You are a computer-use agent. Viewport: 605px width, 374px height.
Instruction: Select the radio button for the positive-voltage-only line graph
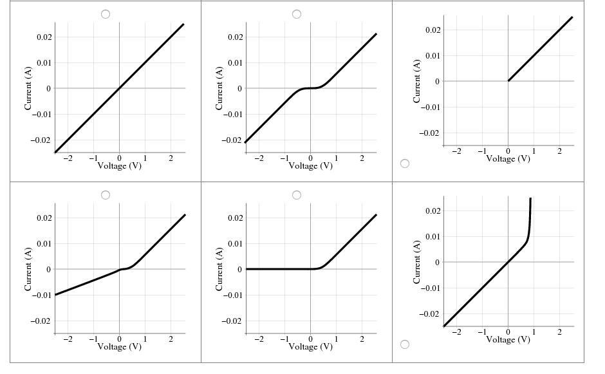(405, 164)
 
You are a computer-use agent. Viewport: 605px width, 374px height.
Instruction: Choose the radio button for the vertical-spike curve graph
(405, 344)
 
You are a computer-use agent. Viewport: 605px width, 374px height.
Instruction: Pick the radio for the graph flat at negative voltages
(297, 194)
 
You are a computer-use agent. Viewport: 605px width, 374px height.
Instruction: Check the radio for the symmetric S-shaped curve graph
(297, 14)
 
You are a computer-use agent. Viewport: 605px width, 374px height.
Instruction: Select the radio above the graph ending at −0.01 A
(106, 194)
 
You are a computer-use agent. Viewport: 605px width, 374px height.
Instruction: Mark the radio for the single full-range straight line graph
(106, 14)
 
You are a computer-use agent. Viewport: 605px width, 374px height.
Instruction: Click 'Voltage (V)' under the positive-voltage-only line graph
(508, 158)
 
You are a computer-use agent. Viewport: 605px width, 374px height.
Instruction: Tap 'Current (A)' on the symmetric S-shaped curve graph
(219, 88)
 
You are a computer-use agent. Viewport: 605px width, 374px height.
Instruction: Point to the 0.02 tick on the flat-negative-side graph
(234, 218)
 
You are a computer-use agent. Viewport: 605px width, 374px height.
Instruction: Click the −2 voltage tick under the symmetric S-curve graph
(259, 158)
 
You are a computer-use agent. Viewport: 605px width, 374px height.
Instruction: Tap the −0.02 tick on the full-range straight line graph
(42, 140)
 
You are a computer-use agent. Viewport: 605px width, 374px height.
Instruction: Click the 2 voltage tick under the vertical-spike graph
(559, 332)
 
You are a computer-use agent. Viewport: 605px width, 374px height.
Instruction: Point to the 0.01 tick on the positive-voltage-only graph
(432, 56)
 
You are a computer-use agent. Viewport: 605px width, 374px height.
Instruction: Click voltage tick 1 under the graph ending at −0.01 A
(145, 339)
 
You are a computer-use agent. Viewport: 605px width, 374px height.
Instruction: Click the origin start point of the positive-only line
(508, 80)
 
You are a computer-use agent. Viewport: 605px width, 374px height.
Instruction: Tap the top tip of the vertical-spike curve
(530, 199)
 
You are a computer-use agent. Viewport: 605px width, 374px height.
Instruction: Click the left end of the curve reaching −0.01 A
(55, 294)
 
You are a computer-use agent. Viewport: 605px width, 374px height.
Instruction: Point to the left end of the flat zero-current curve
(247, 269)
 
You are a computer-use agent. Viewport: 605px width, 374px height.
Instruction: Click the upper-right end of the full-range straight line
(183, 24)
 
